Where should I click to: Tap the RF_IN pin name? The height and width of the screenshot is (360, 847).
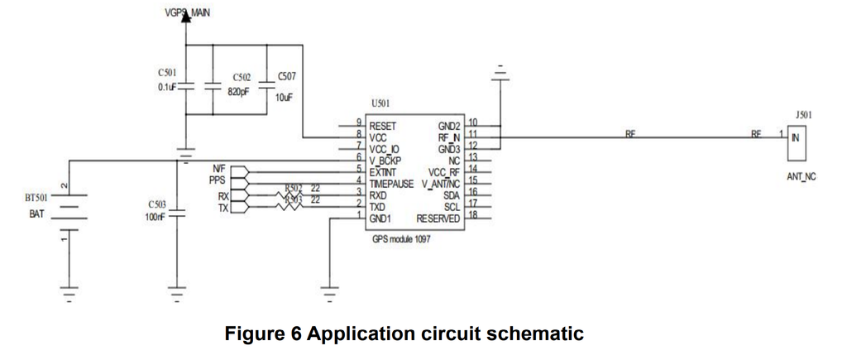coord(448,137)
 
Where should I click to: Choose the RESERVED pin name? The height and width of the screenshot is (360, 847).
coord(438,218)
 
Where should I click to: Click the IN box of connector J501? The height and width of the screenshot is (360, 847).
coord(796,138)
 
